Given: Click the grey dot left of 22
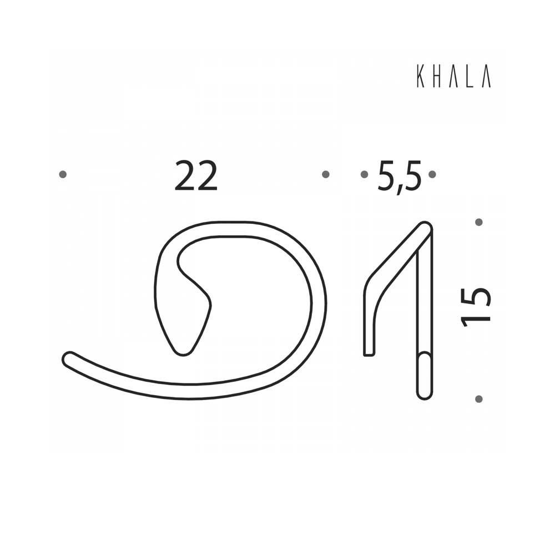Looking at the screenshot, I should [63, 174].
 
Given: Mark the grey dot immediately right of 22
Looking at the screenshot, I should [326, 174].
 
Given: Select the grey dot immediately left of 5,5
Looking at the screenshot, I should [364, 174].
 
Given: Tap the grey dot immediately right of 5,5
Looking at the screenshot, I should [432, 174].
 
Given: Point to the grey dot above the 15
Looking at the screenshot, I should [479, 222].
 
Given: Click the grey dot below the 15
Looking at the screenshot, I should [479, 398].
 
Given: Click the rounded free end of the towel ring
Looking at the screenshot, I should [69, 359].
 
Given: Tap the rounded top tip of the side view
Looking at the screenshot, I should [425, 228].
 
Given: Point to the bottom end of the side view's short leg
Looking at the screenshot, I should [369, 352].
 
